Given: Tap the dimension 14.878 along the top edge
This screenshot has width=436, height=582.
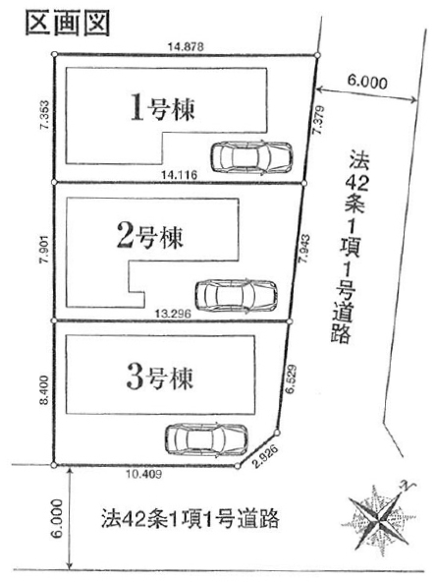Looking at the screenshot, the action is pyautogui.click(x=186, y=47).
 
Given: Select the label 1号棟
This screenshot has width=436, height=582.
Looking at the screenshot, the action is pyautogui.click(x=163, y=107).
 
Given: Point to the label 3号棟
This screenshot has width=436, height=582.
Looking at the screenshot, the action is pyautogui.click(x=160, y=378).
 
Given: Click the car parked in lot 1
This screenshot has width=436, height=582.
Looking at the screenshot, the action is pyautogui.click(x=251, y=156).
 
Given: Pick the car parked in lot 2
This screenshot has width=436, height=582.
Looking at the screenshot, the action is pyautogui.click(x=236, y=296).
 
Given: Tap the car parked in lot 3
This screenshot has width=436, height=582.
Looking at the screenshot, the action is pyautogui.click(x=206, y=439).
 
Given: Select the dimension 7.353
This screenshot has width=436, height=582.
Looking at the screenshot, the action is pyautogui.click(x=45, y=115).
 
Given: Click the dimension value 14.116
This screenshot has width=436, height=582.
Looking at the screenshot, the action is pyautogui.click(x=179, y=174).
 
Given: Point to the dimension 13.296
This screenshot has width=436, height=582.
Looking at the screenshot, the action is pyautogui.click(x=173, y=314).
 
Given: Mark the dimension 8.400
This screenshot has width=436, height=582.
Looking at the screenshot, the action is pyautogui.click(x=44, y=389).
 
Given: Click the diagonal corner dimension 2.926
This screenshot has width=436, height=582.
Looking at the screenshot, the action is pyautogui.click(x=265, y=456).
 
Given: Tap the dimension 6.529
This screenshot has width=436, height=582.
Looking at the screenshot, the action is pyautogui.click(x=292, y=378).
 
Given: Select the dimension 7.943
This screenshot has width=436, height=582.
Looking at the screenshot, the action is pyautogui.click(x=305, y=249).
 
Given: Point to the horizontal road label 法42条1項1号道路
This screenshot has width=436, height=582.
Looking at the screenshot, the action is pyautogui.click(x=191, y=518).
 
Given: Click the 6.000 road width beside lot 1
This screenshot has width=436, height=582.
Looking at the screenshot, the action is pyautogui.click(x=366, y=82).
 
